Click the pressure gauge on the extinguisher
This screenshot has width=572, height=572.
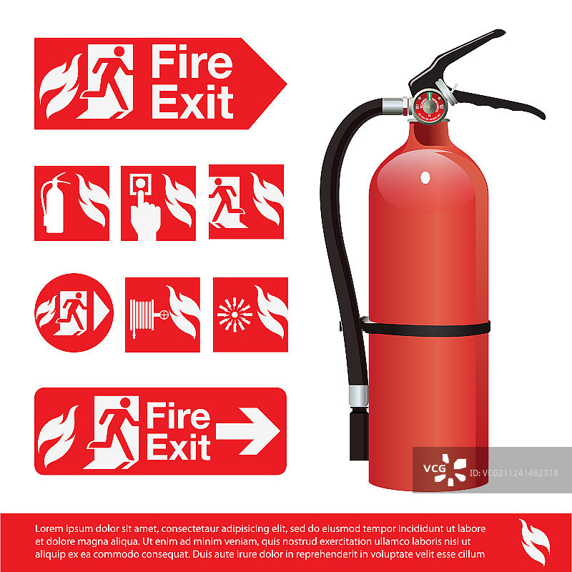pos(430,106)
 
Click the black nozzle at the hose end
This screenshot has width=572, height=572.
pos(359,434)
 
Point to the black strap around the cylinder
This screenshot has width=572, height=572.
pos(425,328)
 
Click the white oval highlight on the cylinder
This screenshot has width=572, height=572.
pos(425,177)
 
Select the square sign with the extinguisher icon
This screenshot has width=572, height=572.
pos(72,203)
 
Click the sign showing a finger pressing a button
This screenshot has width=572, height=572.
pos(158,203)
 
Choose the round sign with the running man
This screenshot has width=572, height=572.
pos(74,312)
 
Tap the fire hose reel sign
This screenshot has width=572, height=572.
pos(162,315)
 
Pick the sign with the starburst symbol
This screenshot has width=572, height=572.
pos(251,315)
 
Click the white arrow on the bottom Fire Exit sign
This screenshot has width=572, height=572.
pos(248,431)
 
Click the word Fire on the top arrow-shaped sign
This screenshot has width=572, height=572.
pos(192,61)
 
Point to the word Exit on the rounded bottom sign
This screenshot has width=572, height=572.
pos(179,447)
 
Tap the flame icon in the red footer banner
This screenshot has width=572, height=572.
pos(534,542)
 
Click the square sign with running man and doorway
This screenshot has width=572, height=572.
pos(246,202)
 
